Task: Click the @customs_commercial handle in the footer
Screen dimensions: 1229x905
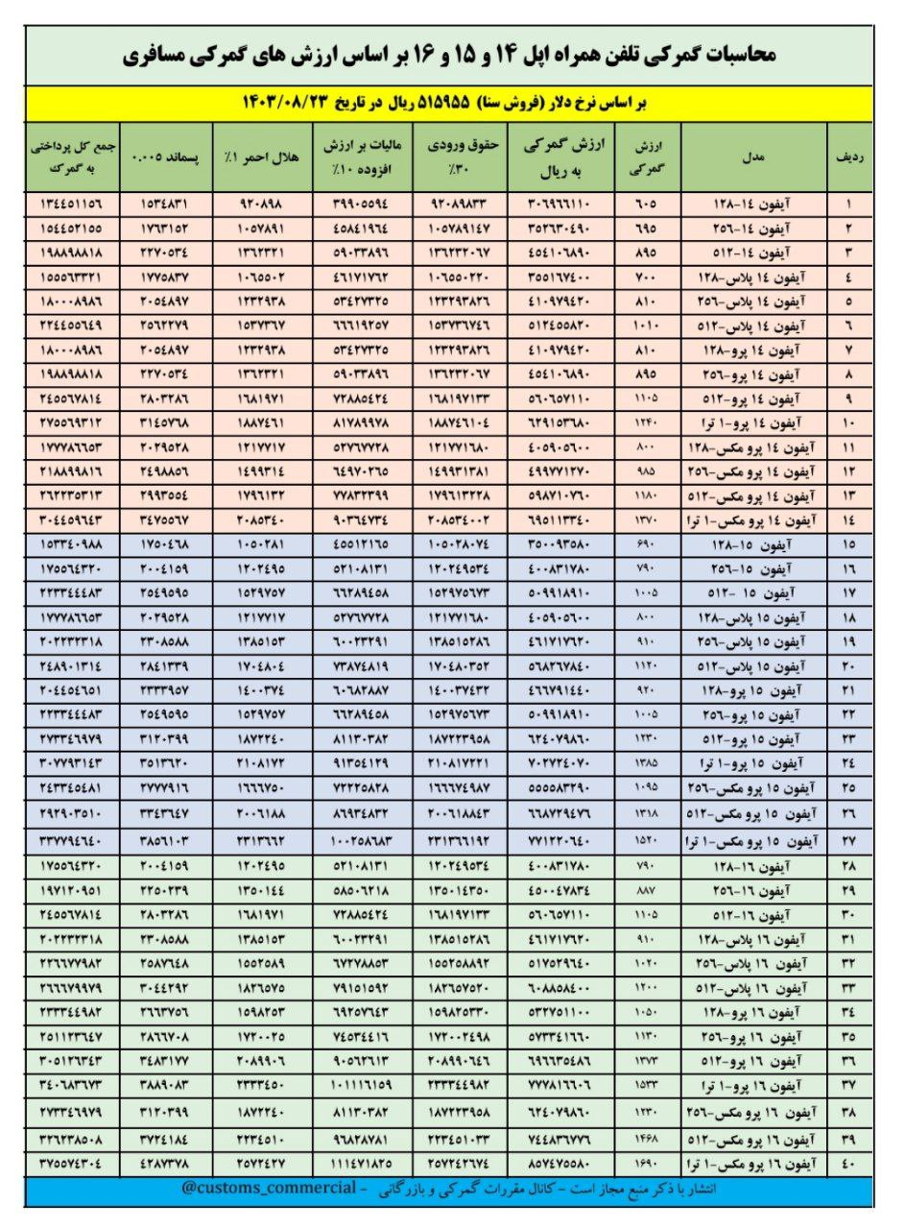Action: point(259,1189)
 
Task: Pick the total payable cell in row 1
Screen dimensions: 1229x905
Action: point(72,205)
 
